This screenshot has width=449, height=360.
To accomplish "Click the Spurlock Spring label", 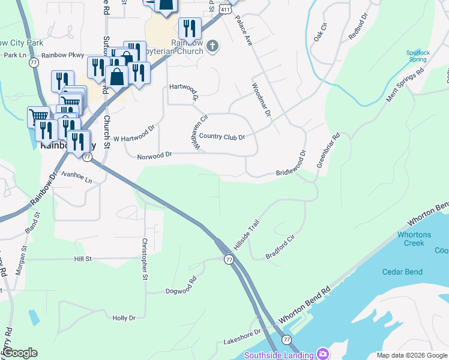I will coord(418,56).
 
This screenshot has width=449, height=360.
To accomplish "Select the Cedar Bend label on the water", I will coord(402,272).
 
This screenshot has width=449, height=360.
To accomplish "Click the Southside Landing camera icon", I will coord(323,353).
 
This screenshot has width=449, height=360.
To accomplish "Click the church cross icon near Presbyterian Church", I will coord(212,46).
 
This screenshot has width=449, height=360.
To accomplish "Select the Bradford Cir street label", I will coord(281,247).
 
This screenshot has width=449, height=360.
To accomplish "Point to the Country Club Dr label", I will coord(221,137).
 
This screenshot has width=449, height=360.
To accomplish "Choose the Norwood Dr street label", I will coord(155,154).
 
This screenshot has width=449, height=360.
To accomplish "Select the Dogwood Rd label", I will coord(181,286).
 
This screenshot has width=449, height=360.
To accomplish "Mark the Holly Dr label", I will coord(124,318).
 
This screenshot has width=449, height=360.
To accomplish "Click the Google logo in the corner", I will coord(19,353).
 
